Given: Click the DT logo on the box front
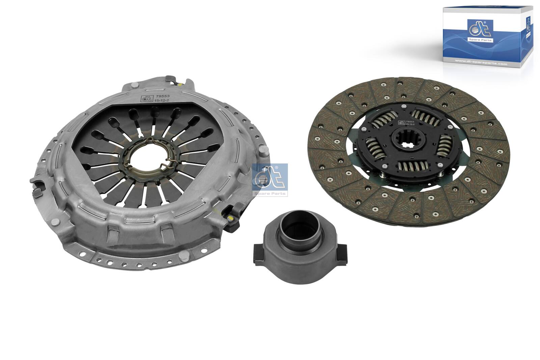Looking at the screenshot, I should (x=480, y=31).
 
